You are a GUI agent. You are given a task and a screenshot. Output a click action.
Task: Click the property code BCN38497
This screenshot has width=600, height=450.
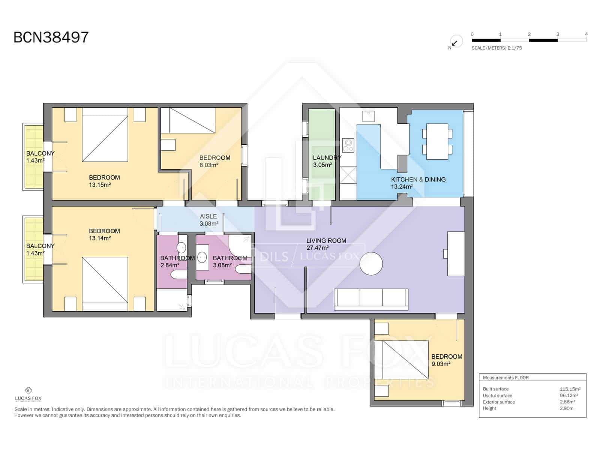pyautogui.click(x=51, y=37)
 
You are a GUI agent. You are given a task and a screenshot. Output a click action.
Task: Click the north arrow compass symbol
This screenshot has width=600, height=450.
pyautogui.click(x=455, y=42)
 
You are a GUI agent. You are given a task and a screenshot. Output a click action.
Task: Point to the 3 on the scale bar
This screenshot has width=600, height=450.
pyautogui.click(x=558, y=34)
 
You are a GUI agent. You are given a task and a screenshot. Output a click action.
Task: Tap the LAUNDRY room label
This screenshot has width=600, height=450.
pyautogui.click(x=327, y=158)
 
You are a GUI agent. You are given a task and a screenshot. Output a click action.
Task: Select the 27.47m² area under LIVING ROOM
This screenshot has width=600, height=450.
pyautogui.click(x=317, y=248)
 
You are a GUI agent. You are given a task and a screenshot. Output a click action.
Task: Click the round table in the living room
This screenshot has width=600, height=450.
pyautogui.click(x=371, y=264)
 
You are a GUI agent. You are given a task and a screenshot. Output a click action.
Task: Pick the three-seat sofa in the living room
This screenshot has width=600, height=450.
pyautogui.click(x=371, y=299)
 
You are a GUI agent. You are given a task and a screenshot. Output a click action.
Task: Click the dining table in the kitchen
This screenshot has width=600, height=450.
pyautogui.click(x=437, y=141)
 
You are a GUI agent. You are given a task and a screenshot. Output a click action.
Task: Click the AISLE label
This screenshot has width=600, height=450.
pyautogui.click(x=208, y=216)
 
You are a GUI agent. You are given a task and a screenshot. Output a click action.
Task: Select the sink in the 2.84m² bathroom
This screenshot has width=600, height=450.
pyautogui.click(x=181, y=247)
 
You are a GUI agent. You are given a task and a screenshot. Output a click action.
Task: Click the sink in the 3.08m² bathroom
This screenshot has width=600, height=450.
pyautogui.click(x=202, y=257)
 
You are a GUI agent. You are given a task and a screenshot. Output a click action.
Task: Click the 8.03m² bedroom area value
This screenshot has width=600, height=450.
pyautogui.click(x=209, y=165)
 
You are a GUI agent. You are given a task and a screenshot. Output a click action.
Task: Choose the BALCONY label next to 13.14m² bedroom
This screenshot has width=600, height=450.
pyautogui.click(x=40, y=246)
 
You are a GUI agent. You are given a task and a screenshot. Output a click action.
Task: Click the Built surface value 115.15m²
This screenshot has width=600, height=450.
pyautogui.click(x=570, y=389)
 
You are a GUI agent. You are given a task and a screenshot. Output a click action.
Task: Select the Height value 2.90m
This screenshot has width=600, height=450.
pyautogui.click(x=566, y=408)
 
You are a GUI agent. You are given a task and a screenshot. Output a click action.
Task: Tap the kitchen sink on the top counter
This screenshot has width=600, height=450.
pyautogui.click(x=368, y=116)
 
